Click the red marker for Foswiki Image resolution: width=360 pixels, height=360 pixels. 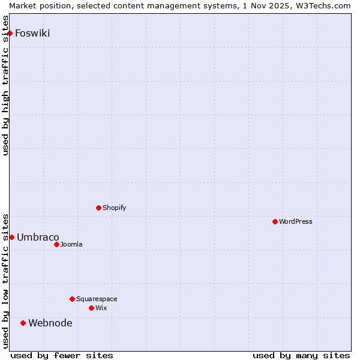(x=10, y=33)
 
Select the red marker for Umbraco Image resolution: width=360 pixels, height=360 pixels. (x=11, y=237)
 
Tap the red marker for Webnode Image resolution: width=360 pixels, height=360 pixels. (x=23, y=323)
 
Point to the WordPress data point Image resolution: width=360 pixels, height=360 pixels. (x=275, y=221)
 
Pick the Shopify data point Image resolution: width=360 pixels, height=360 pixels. (x=98, y=208)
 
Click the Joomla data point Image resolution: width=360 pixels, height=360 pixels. (x=56, y=244)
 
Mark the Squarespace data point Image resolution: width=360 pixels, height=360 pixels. (x=72, y=299)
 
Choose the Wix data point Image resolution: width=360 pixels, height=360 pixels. (x=91, y=308)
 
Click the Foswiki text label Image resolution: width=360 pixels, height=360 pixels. (x=32, y=34)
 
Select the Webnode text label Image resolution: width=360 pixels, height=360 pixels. (x=50, y=323)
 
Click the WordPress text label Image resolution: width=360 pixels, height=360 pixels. (x=296, y=222)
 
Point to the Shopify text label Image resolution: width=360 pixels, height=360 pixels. (x=115, y=208)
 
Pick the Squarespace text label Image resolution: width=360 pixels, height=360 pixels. (x=97, y=299)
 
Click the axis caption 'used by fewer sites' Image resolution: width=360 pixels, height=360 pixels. (x=62, y=355)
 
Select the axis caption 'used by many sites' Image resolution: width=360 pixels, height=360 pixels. (x=301, y=355)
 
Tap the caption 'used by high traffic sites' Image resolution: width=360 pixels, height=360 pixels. (x=6, y=85)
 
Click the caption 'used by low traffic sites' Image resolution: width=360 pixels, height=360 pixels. (x=6, y=280)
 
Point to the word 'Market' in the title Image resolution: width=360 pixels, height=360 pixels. (x=23, y=5)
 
